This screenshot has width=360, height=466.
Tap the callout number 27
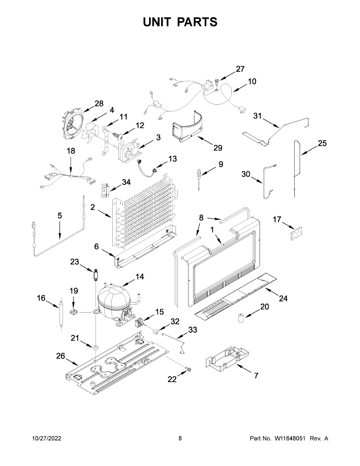click(240, 69)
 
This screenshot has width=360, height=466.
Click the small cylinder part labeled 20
click(240, 318)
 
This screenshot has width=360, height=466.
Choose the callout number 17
click(277, 220)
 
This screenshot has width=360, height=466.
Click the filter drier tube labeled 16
click(61, 313)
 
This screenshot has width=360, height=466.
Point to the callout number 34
click(126, 182)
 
